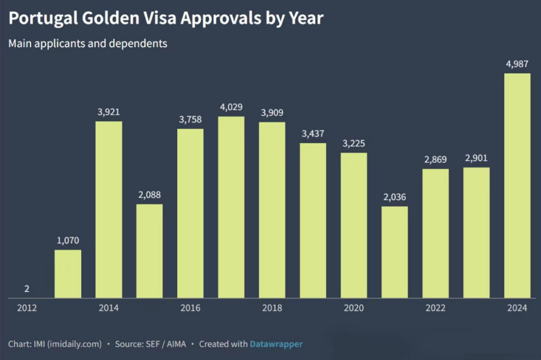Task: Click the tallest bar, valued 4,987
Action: (x=517, y=186)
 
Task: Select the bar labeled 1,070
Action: (x=68, y=274)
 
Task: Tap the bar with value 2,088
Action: (x=149, y=251)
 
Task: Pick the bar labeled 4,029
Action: (x=231, y=207)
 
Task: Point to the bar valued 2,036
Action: (x=394, y=252)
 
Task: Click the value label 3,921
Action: (x=109, y=112)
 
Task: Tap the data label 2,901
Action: (x=476, y=158)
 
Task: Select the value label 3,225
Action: (x=354, y=143)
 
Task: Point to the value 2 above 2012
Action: (x=27, y=289)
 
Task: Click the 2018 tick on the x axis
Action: (x=272, y=308)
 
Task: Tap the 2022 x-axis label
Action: (x=435, y=308)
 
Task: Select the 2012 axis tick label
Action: (x=27, y=308)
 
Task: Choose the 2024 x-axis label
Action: (x=517, y=308)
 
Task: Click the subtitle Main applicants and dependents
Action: (x=88, y=44)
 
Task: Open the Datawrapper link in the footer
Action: (x=276, y=344)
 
